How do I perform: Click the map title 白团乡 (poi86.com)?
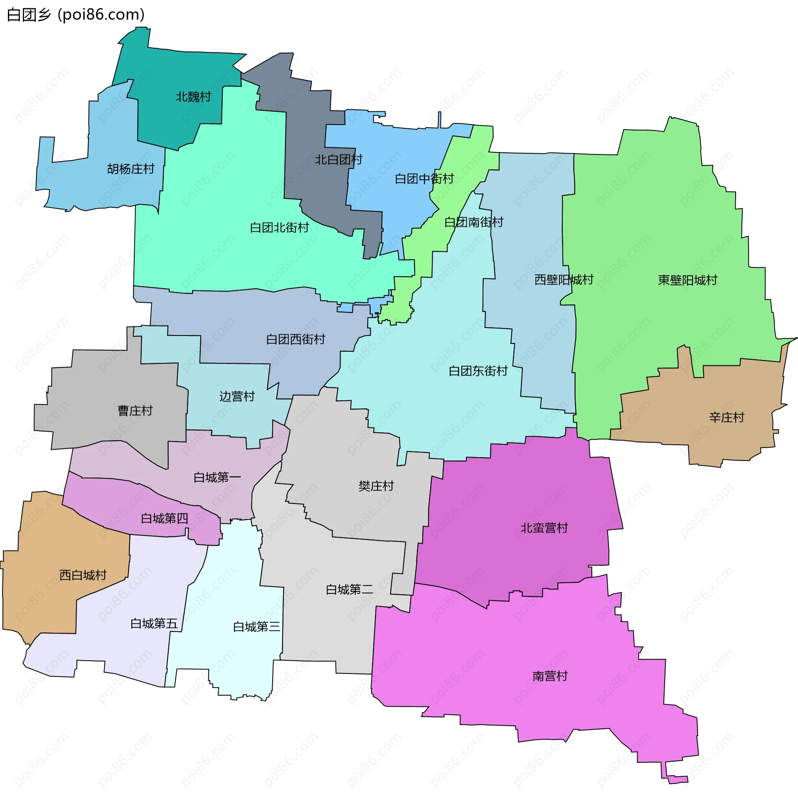(76, 15)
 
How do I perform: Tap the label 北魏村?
(193, 97)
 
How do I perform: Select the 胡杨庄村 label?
(131, 169)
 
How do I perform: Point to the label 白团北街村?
(279, 227)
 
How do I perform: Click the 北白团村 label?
(339, 159)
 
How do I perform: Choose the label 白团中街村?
(424, 179)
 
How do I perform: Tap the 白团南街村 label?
(473, 222)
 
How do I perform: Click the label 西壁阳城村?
(564, 279)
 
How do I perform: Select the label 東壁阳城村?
(687, 280)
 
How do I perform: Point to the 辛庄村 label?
(727, 417)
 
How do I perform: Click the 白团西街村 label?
(296, 339)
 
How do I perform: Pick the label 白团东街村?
(478, 370)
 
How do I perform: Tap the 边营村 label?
(237, 396)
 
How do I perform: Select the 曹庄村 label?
(135, 410)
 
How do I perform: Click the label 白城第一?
(217, 477)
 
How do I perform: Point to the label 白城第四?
(164, 518)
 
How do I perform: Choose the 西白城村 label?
(83, 575)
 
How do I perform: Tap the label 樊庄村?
(376, 486)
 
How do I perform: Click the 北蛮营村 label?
(544, 527)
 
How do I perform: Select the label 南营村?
(550, 676)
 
